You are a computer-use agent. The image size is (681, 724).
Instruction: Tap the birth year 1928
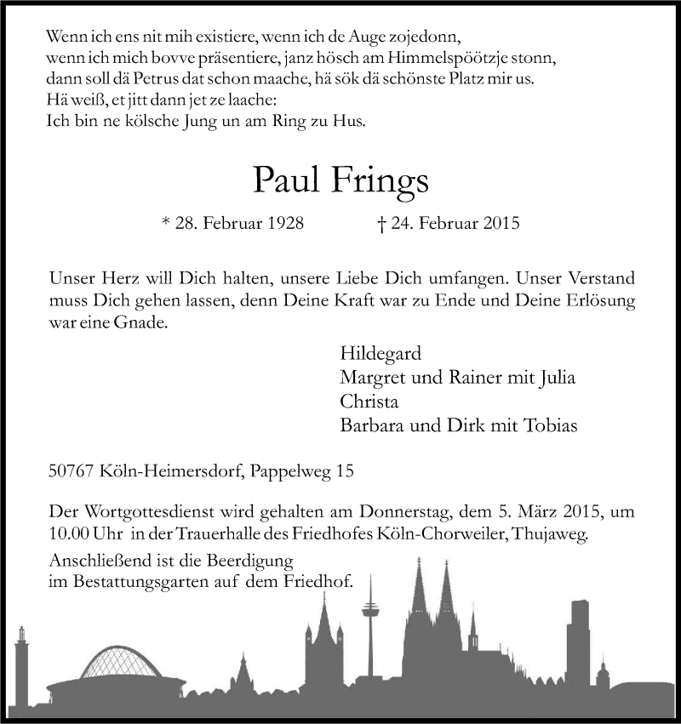(281, 225)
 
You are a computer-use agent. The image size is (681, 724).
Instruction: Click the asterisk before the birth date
(166, 223)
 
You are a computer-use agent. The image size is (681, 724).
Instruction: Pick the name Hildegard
(381, 353)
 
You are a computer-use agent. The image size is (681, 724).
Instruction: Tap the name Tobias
(549, 425)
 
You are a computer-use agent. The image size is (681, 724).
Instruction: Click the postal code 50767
(71, 470)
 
